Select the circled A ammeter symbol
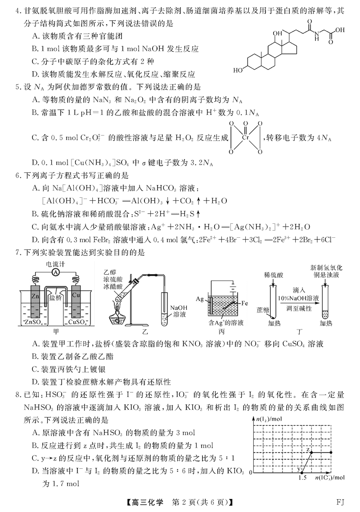[x=56, y=272]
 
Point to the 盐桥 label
[x=55, y=297]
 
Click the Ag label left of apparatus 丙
[x=201, y=299]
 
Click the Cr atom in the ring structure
[x=245, y=136]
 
